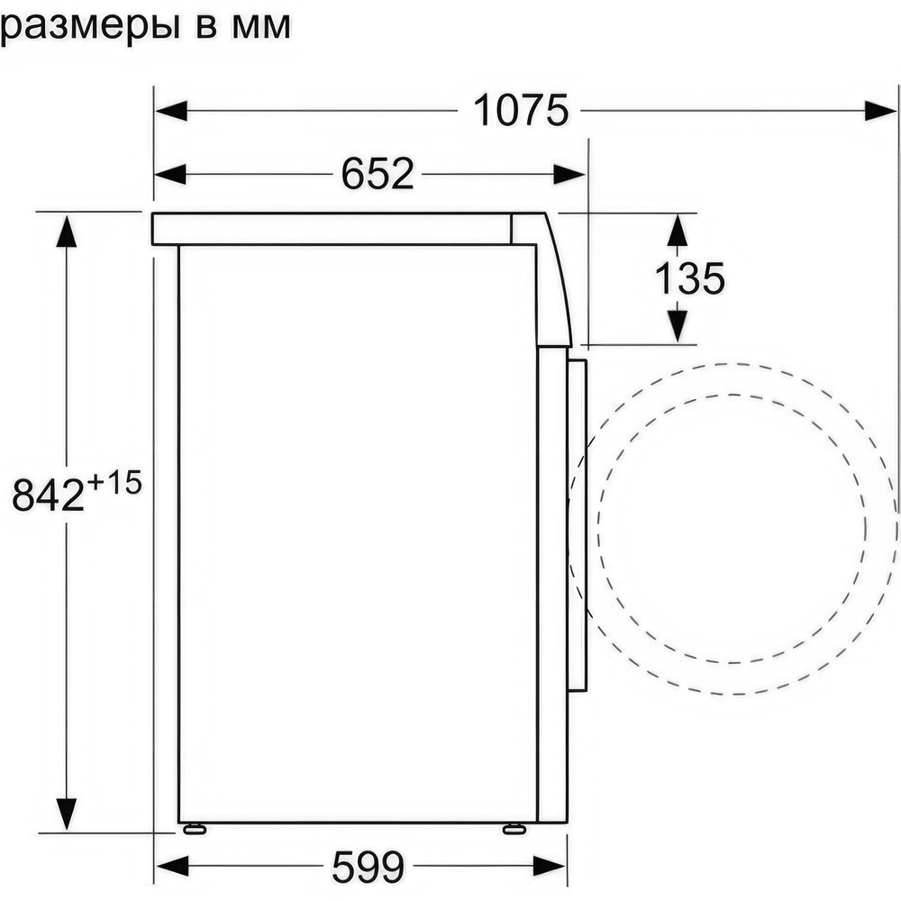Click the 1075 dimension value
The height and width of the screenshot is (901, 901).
[521, 111]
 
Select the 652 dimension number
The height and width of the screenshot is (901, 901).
[377, 173]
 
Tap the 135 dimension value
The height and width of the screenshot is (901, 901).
[688, 279]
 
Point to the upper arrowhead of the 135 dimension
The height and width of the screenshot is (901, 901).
[677, 231]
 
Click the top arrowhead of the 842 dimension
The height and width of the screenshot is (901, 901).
[66, 231]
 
